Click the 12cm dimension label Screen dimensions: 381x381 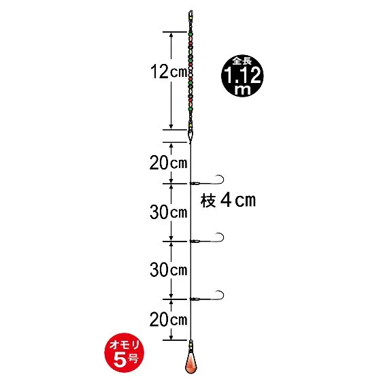169,71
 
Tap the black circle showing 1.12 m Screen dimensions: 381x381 242,76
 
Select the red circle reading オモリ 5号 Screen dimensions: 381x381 124,352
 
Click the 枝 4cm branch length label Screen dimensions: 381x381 228,201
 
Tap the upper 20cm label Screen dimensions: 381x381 169,163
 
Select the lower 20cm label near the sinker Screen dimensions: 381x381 169,319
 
